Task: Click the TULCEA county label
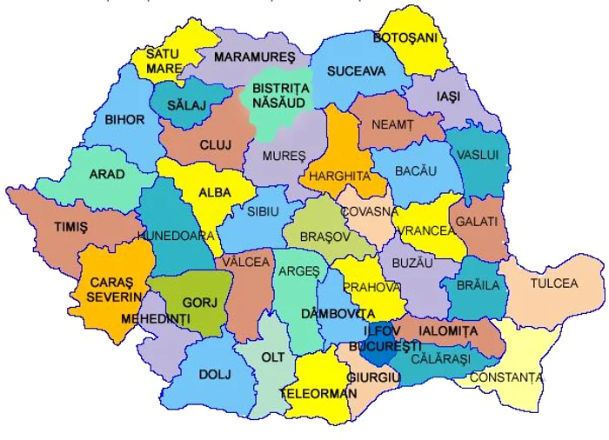[x=556, y=283]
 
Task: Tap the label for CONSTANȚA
[x=505, y=377]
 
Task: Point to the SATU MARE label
[x=163, y=61]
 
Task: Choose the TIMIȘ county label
[x=70, y=227]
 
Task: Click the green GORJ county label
[x=193, y=303]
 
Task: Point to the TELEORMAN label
[x=318, y=394]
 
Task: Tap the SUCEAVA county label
[x=356, y=71]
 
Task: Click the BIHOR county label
[x=125, y=120]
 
